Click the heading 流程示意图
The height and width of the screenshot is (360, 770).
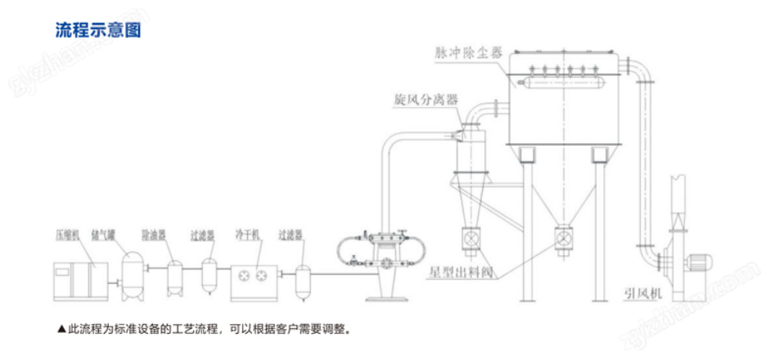98,32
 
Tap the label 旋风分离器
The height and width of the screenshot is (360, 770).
424,101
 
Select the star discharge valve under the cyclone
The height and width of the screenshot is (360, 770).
472,238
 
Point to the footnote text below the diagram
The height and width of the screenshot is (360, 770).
204,330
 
